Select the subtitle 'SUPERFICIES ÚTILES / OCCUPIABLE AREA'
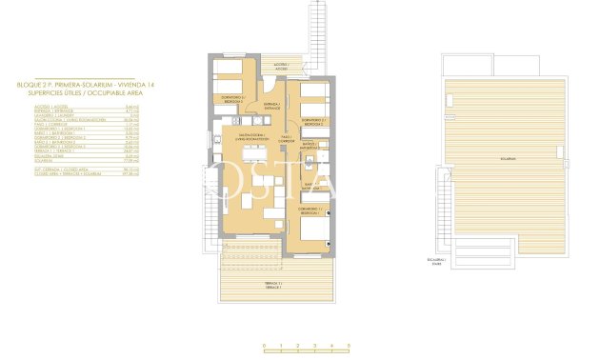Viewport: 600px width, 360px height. coord(70,91)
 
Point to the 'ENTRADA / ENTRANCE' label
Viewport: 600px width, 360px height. coord(270,106)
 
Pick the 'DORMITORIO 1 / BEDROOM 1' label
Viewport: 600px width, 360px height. coord(311,211)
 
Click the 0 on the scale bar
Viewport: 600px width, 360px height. coord(265,345)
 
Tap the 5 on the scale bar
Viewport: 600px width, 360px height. coord(350,345)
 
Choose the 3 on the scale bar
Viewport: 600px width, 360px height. coord(315,345)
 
